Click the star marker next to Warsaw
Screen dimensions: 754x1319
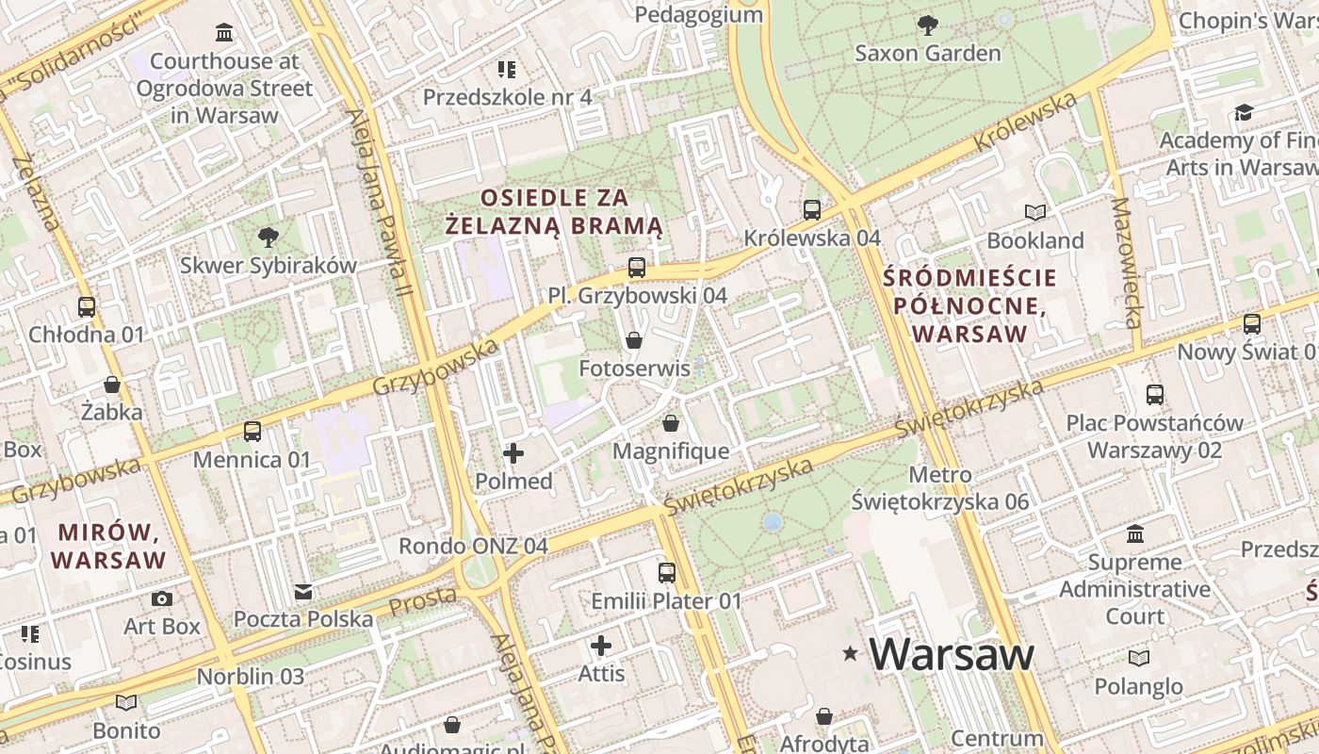tap(851, 652)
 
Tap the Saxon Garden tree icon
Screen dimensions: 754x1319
tap(928, 25)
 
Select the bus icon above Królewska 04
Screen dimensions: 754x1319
tap(812, 210)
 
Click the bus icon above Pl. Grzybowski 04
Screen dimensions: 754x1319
tap(637, 268)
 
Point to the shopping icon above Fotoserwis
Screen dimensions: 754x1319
tap(634, 340)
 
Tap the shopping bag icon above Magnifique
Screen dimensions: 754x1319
tap(671, 423)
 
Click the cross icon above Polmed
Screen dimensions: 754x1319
tap(513, 454)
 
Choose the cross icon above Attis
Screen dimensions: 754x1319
tap(601, 646)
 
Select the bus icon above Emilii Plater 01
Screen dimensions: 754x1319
tap(667, 572)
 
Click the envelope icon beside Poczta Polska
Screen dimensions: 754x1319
tap(303, 592)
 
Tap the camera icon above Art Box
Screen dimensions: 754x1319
tap(162, 598)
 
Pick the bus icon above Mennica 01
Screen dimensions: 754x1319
tap(252, 432)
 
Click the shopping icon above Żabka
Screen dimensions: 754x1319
tap(112, 385)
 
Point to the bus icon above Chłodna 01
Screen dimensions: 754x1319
tap(87, 306)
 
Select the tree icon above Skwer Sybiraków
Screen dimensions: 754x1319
tap(269, 237)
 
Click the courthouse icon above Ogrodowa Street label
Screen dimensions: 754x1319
tap(224, 33)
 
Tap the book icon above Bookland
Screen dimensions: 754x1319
tap(1035, 213)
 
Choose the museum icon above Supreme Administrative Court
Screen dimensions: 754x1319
tap(1135, 534)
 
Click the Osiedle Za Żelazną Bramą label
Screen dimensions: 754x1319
tap(554, 212)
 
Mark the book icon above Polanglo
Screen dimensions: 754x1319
tap(1139, 658)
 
